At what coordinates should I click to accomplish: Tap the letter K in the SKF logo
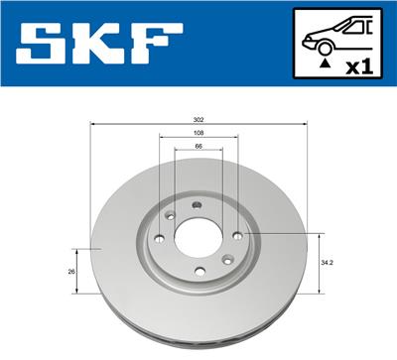(98, 44)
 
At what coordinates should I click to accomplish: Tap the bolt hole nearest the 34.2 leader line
(237, 235)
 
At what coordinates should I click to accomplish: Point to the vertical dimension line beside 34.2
(319, 263)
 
